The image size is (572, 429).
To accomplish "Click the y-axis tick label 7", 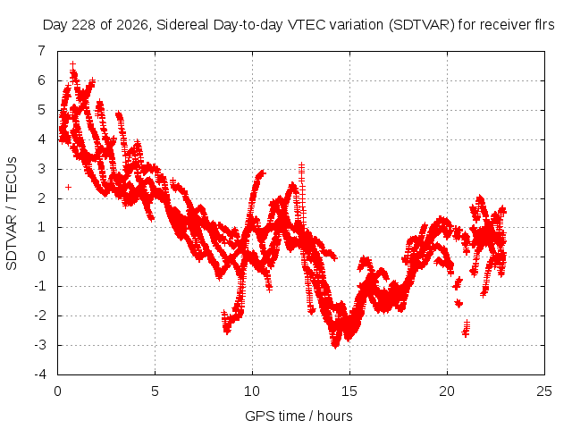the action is tap(42, 51).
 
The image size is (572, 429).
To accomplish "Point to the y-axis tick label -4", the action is tap(40, 374).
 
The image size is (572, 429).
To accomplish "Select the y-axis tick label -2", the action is tap(40, 315).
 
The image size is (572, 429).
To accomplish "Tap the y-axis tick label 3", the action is tap(42, 169).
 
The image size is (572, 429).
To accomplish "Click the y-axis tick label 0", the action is tap(42, 257).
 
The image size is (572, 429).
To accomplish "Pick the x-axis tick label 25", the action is tap(544, 391).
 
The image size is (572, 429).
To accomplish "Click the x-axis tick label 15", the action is tap(349, 391).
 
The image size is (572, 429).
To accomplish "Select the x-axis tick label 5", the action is tap(155, 391).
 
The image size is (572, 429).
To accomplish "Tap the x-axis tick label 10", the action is tap(252, 391).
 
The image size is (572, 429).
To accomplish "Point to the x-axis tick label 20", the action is tap(447, 391).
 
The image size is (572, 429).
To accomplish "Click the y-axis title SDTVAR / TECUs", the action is tap(12, 214).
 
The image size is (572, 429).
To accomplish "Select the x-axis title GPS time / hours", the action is tap(299, 416).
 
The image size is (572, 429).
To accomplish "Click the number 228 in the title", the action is tap(83, 25).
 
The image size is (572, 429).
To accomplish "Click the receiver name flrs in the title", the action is tap(544, 25).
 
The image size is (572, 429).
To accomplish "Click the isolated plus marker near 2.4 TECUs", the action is tap(68, 187).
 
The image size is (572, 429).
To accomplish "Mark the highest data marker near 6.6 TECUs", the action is tap(73, 64).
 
